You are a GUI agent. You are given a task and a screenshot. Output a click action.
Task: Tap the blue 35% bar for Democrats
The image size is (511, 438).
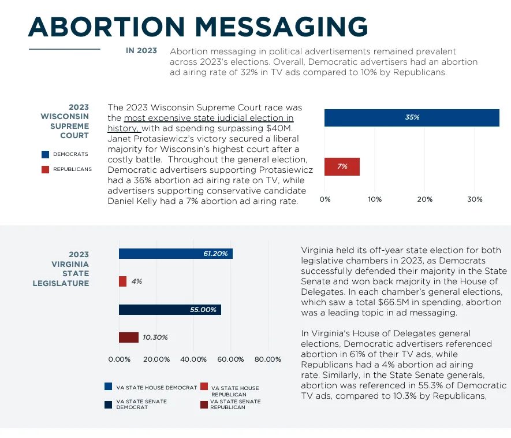(x=411, y=117)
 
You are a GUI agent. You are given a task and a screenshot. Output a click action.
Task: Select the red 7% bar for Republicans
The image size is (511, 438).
(x=342, y=166)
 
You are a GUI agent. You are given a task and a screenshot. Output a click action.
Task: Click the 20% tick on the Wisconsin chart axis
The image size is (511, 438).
(x=424, y=199)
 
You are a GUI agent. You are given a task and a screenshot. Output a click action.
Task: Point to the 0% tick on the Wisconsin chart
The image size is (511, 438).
(x=325, y=199)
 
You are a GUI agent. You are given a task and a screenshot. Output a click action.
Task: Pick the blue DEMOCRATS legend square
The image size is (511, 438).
(x=45, y=154)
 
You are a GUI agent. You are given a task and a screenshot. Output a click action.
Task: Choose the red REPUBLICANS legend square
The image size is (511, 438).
(x=45, y=169)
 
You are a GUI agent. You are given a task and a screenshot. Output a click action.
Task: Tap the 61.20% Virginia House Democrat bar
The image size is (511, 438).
(x=176, y=254)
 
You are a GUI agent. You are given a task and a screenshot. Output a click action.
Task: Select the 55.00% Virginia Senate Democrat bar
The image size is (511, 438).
(x=170, y=310)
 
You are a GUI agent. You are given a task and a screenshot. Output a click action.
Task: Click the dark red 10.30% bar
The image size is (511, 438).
(x=129, y=337)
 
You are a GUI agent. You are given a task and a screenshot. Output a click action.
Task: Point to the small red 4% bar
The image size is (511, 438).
(x=122, y=281)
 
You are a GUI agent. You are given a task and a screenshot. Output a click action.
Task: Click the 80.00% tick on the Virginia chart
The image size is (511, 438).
(x=267, y=359)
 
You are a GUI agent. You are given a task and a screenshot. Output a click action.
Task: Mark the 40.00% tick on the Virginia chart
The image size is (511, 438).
(x=193, y=359)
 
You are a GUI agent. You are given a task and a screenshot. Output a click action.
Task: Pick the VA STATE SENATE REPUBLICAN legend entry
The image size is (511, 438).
(x=231, y=404)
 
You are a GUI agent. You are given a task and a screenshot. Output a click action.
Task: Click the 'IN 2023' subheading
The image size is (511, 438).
(x=141, y=51)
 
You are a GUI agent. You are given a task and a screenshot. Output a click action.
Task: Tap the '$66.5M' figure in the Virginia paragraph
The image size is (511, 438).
(x=406, y=302)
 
